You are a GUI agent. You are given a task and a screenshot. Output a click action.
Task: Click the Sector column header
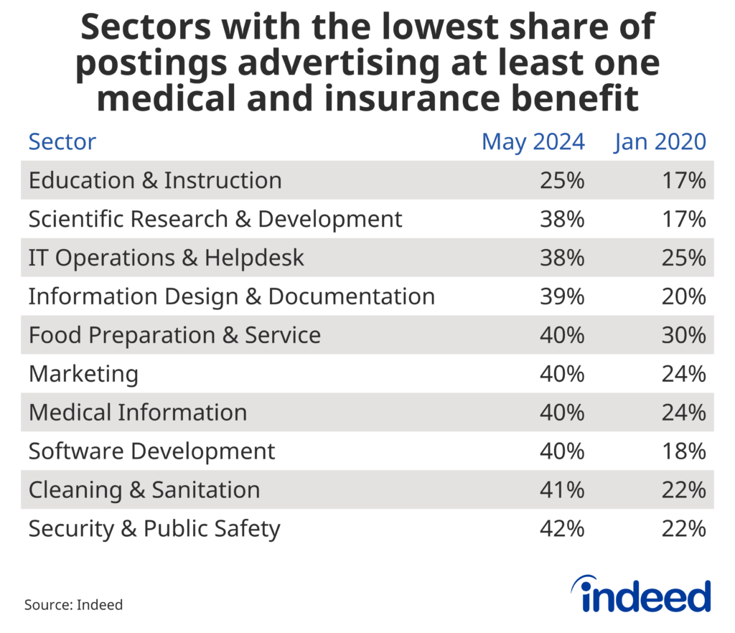62,142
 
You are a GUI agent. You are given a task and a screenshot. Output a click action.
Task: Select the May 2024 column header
533,142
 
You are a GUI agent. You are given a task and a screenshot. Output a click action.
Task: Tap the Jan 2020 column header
660,142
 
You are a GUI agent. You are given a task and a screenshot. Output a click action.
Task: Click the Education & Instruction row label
155,180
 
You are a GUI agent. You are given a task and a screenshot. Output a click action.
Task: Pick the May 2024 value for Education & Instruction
562,180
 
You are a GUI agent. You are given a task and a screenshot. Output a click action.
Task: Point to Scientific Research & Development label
215,219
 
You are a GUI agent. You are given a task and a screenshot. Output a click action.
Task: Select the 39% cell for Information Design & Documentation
562,296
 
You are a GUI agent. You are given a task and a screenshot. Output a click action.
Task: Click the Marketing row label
83,374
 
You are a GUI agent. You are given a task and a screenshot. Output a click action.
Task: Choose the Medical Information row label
138,413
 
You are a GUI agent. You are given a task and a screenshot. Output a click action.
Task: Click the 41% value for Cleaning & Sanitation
562,490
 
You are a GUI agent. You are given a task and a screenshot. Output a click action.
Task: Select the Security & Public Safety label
154,529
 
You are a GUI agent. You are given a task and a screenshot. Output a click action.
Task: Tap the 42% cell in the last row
562,529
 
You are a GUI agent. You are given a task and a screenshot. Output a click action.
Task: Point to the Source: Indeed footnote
73,605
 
